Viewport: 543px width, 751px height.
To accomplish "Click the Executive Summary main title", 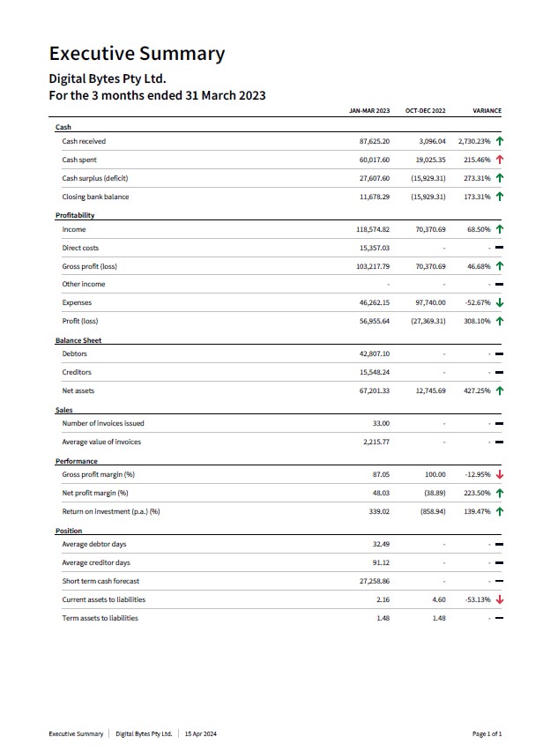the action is point(137,54).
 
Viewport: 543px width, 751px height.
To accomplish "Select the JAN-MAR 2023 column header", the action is point(369,111).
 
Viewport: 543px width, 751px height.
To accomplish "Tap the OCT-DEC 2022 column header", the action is point(425,111).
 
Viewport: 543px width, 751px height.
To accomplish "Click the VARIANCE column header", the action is point(487,111).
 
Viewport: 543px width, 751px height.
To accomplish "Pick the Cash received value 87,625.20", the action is point(375,141).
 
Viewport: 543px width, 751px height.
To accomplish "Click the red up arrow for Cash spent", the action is point(500,160).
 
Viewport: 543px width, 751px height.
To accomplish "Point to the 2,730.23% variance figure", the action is point(474,141).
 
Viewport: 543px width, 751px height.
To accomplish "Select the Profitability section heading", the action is point(75,216).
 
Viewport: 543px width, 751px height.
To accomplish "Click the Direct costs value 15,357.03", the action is point(375,248).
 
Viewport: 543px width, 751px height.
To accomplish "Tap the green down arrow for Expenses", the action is point(500,302).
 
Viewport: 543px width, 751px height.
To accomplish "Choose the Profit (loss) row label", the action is point(80,321).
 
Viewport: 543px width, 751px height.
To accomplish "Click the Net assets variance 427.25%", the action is point(478,390).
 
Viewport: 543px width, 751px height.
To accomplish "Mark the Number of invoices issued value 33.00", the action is point(381,423).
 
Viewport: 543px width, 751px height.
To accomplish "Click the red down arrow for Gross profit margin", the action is point(500,474).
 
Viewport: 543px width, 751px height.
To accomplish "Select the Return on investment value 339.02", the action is point(379,511).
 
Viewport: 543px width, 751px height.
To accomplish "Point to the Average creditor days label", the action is point(96,562).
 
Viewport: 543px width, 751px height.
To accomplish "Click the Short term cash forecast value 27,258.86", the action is point(375,581).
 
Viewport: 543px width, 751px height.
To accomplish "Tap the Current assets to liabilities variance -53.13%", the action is point(478,599).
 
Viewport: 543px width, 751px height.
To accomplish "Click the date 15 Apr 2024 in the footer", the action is point(201,733).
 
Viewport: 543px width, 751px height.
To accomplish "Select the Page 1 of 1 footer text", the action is point(487,733).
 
